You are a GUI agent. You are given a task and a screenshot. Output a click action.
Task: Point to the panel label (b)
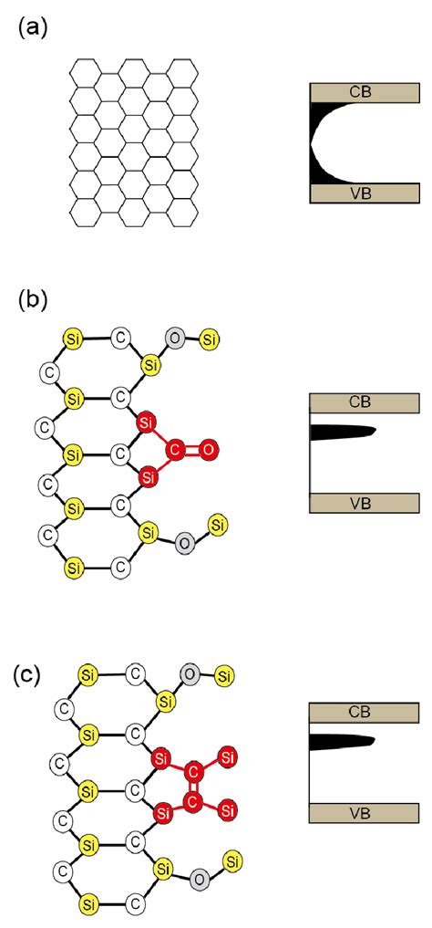point(33,301)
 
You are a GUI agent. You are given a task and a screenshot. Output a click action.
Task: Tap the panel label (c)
point(28,677)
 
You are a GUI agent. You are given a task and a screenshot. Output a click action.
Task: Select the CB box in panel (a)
point(365,92)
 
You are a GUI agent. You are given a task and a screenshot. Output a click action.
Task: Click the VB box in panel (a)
point(365,193)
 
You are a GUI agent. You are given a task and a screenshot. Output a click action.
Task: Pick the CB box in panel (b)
point(365,402)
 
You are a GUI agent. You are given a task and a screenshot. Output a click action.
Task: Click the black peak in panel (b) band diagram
point(341,432)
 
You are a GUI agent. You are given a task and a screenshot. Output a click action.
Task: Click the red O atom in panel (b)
point(209,449)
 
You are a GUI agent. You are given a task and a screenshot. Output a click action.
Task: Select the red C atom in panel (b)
point(178,449)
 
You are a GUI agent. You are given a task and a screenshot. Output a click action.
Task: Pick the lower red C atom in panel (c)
point(193,804)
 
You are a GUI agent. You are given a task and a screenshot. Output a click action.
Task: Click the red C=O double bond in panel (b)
point(193,449)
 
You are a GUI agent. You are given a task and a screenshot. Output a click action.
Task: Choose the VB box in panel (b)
point(365,503)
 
